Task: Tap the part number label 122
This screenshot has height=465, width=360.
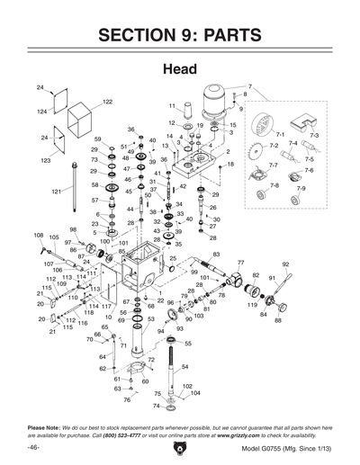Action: (107, 102)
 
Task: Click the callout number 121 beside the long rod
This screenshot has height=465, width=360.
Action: (55, 192)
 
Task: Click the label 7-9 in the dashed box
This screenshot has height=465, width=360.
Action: (301, 188)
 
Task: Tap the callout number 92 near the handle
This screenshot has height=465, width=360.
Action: (285, 264)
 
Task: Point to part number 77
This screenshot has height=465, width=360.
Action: (240, 262)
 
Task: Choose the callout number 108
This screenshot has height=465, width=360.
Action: (39, 236)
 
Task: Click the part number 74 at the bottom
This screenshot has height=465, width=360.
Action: (157, 406)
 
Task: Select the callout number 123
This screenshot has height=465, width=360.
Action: (42, 160)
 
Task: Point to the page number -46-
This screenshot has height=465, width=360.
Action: (32, 449)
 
